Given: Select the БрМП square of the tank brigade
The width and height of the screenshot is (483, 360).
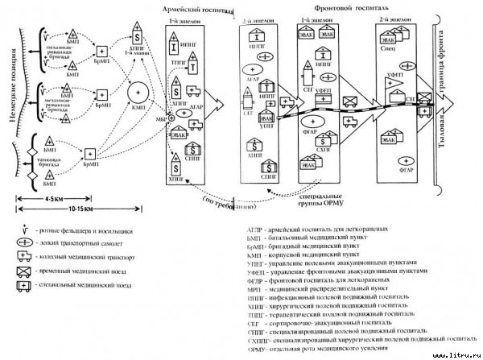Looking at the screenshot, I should [x=91, y=154].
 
